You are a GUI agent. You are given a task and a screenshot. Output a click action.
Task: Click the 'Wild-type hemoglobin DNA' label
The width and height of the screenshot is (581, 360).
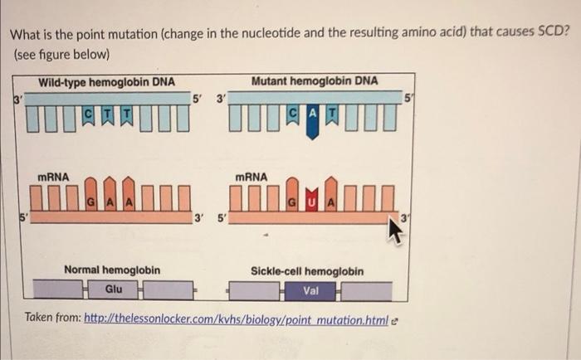tap(106, 80)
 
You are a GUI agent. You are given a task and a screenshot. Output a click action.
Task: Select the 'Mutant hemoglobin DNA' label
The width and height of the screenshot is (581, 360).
tap(315, 80)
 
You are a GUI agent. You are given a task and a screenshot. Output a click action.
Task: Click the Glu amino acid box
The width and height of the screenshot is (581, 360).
tap(114, 289)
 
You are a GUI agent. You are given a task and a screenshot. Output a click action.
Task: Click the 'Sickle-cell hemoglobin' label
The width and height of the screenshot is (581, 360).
tap(307, 271)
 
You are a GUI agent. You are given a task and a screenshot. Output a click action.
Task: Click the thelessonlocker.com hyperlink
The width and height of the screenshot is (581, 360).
tap(236, 318)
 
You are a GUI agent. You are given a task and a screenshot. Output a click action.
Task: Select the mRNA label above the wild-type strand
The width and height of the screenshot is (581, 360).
tap(54, 176)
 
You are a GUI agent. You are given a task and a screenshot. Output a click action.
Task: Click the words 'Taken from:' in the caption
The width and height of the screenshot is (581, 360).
tap(52, 318)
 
